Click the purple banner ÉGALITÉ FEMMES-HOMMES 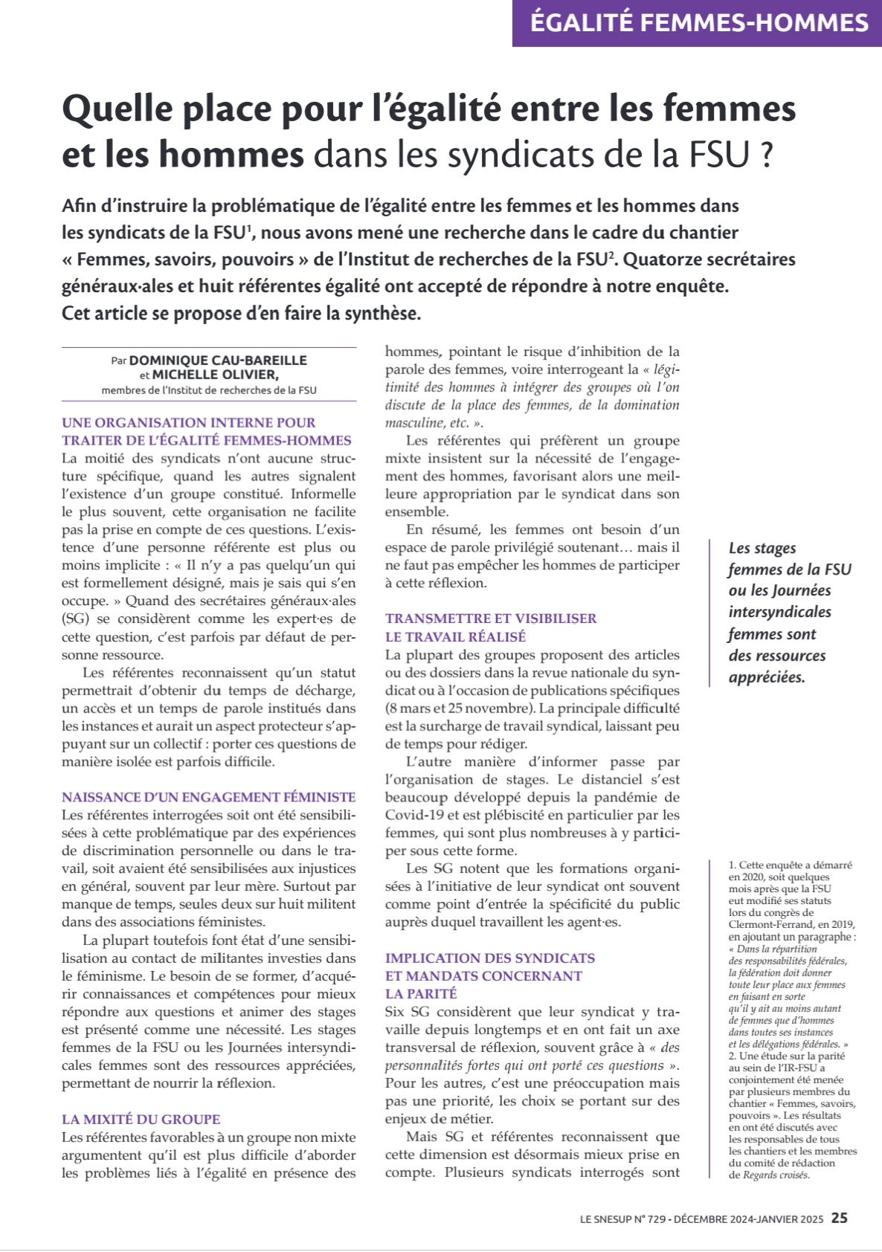(698, 23)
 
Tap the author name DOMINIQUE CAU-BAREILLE (218, 361)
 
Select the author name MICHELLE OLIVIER (215, 375)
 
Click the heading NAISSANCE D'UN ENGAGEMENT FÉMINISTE (208, 797)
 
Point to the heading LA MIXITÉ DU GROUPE (141, 1119)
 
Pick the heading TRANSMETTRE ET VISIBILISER (491, 619)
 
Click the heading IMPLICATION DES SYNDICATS (489, 958)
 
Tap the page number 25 (839, 1219)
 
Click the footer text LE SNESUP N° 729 (622, 1219)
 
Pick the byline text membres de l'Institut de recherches (208, 390)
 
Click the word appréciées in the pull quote (766, 677)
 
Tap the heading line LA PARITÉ (421, 993)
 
